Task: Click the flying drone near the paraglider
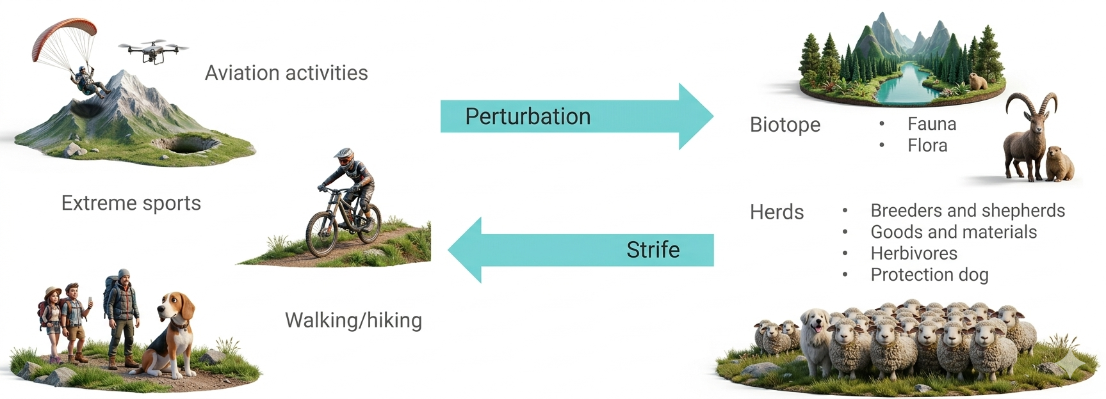pos(153,51)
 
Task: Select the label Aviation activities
pos(286,73)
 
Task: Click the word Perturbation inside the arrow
pos(528,116)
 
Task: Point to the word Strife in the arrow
pos(653,249)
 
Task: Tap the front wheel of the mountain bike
pos(323,233)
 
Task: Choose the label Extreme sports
pos(131,203)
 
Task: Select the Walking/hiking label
pos(354,320)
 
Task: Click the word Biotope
pos(785,124)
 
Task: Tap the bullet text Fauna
pos(932,124)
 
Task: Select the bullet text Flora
pos(927,146)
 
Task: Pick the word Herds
pos(777,212)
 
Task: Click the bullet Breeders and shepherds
pos(968,210)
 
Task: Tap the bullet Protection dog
pos(929,275)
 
